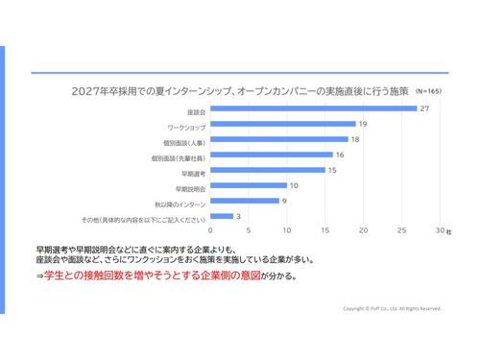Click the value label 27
click(423, 108)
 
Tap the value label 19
click(363, 125)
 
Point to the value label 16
click(340, 155)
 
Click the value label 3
click(238, 216)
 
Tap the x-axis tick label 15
click(324, 231)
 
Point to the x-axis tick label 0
click(209, 231)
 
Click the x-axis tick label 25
click(401, 231)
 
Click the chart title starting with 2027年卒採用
click(240, 91)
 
